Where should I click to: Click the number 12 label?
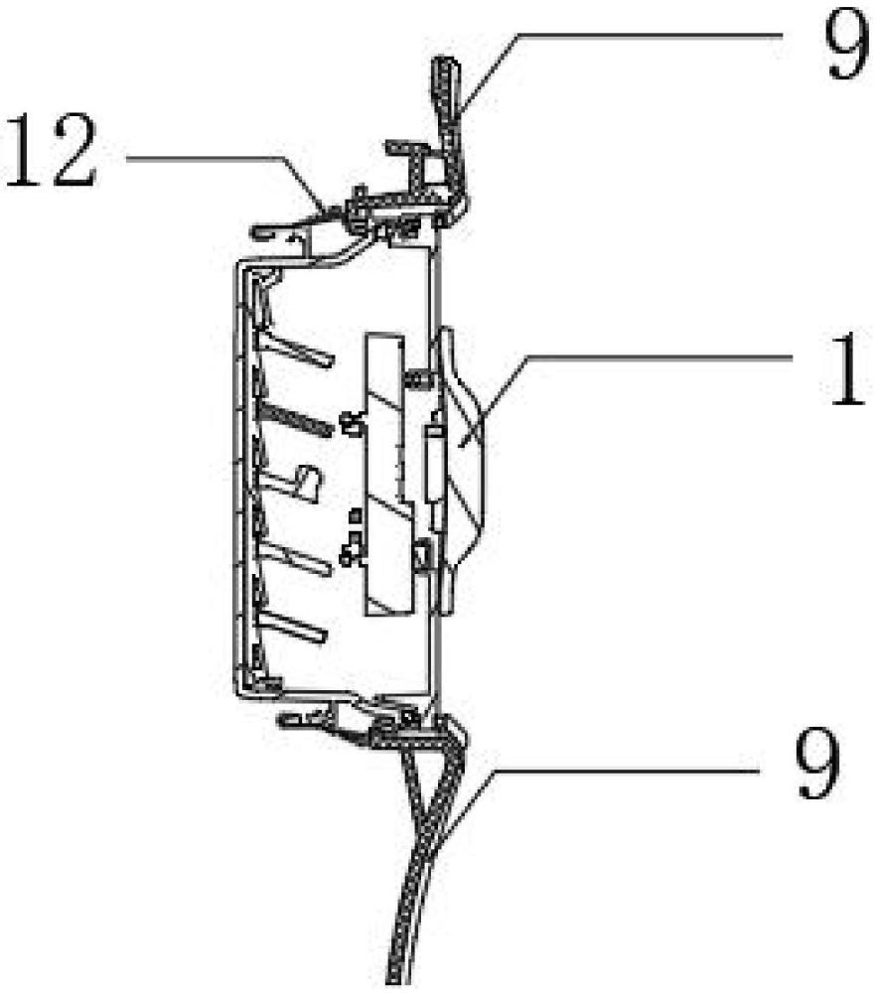[51, 150]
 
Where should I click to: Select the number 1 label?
[845, 369]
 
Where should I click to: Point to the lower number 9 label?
[818, 762]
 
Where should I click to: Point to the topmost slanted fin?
[295, 349]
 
